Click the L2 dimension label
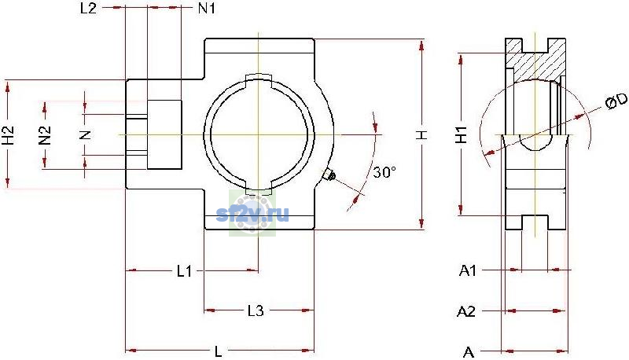click(88, 8)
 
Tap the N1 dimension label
click(207, 8)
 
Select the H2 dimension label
click(9, 135)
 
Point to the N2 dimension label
click(45, 135)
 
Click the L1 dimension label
click(185, 271)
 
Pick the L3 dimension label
click(256, 310)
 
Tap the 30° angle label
click(384, 172)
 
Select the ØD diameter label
click(616, 101)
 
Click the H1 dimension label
click(462, 134)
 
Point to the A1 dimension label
click(467, 271)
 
